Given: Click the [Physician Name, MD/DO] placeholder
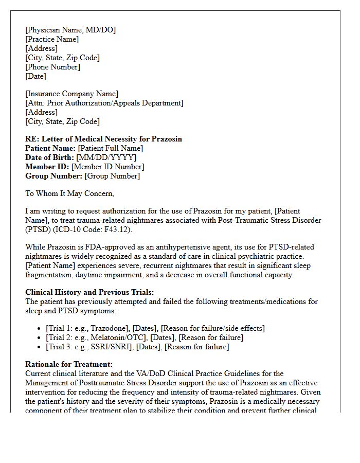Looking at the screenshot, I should click(70, 30).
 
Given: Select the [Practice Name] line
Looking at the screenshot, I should click(52, 40).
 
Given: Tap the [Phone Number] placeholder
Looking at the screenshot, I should click(52, 67).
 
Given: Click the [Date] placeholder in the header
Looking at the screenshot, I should click(35, 77).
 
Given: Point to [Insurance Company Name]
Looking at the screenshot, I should click(71, 94).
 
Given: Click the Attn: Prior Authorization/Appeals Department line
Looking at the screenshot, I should click(104, 103).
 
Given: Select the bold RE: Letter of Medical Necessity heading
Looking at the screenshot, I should click(103, 139).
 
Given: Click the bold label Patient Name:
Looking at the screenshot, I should click(50, 148).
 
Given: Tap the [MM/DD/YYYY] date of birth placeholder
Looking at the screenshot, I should click(106, 157).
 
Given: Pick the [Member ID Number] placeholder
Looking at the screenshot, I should click(108, 167).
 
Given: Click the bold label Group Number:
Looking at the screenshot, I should click(54, 176).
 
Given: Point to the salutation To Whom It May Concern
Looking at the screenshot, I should click(69, 194).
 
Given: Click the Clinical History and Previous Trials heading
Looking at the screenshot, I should click(89, 293).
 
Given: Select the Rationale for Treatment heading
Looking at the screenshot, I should click(69, 365).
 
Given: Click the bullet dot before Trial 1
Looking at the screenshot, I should click(41, 329).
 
